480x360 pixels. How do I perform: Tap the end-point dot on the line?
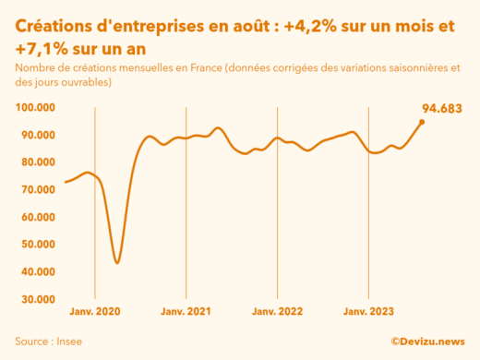click(422, 122)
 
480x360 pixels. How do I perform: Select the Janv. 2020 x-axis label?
click(95, 312)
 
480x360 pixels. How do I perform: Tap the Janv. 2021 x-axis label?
click(186, 312)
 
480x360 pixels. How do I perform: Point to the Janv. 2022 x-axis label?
click(278, 312)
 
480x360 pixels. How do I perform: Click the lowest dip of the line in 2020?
click(117, 263)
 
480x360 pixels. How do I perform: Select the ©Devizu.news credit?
click(427, 341)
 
